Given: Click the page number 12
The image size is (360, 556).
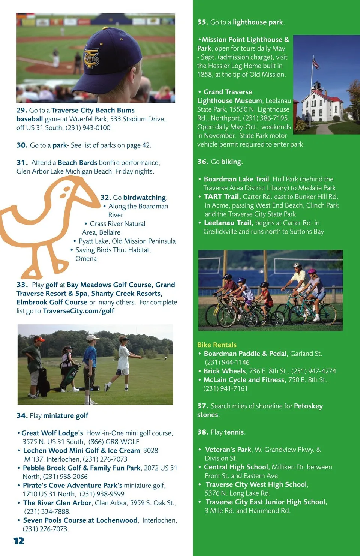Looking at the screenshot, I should (18, 541).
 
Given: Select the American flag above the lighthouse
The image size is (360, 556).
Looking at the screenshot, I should (316, 64).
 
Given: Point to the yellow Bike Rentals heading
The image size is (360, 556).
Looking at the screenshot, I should (217, 345).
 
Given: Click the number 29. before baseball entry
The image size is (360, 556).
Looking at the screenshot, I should (21, 110).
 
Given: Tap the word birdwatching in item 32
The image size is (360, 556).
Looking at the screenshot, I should (144, 198).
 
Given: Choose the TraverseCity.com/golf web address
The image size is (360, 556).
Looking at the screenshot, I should (78, 311).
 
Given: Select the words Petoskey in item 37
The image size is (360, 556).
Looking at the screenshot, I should (308, 406).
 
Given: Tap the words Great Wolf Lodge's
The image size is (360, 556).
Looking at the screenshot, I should (52, 433).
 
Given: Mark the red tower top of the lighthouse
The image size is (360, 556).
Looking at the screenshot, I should (317, 85).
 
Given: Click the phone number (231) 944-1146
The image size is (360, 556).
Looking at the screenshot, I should (227, 362).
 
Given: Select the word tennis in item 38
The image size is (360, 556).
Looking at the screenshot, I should (234, 432).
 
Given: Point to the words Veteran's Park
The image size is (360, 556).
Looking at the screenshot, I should (228, 450).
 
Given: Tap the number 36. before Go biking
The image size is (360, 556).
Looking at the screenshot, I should (202, 162).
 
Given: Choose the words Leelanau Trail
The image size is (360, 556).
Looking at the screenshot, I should (228, 223).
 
